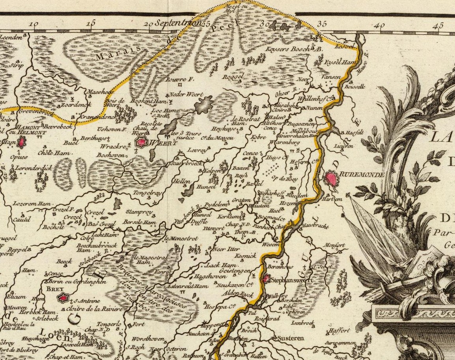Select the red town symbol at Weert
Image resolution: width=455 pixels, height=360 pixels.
[141, 142]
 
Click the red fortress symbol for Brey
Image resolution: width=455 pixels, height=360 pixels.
[62, 298]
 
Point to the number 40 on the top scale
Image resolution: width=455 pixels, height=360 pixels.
[380, 26]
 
